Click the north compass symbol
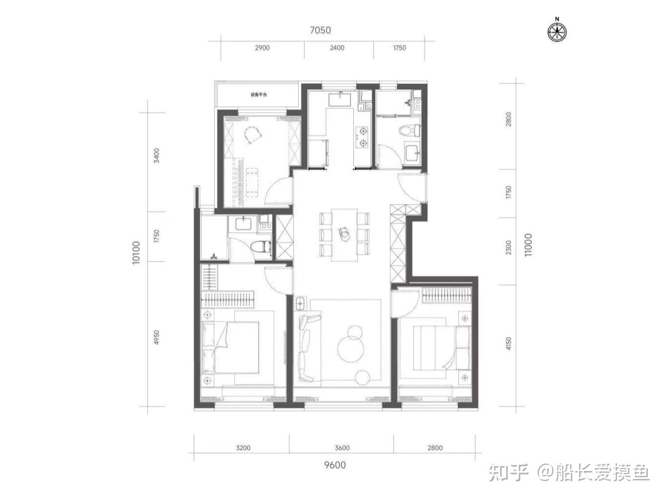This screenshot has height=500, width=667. point(557,31)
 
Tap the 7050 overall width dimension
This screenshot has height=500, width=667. point(320,30)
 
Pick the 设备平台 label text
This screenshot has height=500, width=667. point(259,95)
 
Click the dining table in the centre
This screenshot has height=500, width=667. point(344,235)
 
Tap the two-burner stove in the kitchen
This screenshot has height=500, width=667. point(363,137)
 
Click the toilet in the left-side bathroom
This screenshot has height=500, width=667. point(261,247)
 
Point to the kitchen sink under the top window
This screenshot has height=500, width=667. point(340,99)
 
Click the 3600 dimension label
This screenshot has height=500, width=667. point(342,448)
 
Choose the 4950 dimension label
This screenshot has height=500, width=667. point(156,337)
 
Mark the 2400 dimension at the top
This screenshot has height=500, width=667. point(337,48)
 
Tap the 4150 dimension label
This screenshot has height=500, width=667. point(508,343)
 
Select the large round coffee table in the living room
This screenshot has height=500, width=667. point(350,349)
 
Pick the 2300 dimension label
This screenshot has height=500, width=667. point(508,248)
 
